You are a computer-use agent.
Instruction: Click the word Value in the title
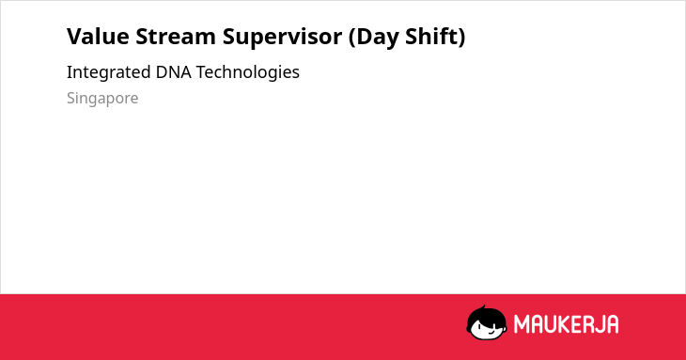(x=98, y=37)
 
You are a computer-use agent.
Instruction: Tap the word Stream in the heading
(x=176, y=37)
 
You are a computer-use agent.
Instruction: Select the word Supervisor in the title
(x=282, y=38)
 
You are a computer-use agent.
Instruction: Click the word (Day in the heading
(x=374, y=38)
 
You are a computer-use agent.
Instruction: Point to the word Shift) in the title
(x=435, y=38)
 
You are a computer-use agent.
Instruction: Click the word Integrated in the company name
(x=108, y=72)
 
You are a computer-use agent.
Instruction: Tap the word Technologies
(x=248, y=72)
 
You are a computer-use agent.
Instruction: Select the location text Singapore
(x=102, y=99)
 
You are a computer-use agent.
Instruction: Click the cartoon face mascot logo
(x=487, y=322)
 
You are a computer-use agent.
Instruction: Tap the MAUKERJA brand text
(x=566, y=324)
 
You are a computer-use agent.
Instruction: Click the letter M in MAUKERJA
(x=521, y=324)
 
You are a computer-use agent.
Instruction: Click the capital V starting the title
(x=75, y=37)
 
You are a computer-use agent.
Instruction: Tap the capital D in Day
(x=364, y=37)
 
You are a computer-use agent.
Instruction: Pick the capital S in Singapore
(x=71, y=98)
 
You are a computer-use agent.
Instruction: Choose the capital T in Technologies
(x=201, y=72)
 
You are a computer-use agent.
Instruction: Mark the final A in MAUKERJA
(x=612, y=324)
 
